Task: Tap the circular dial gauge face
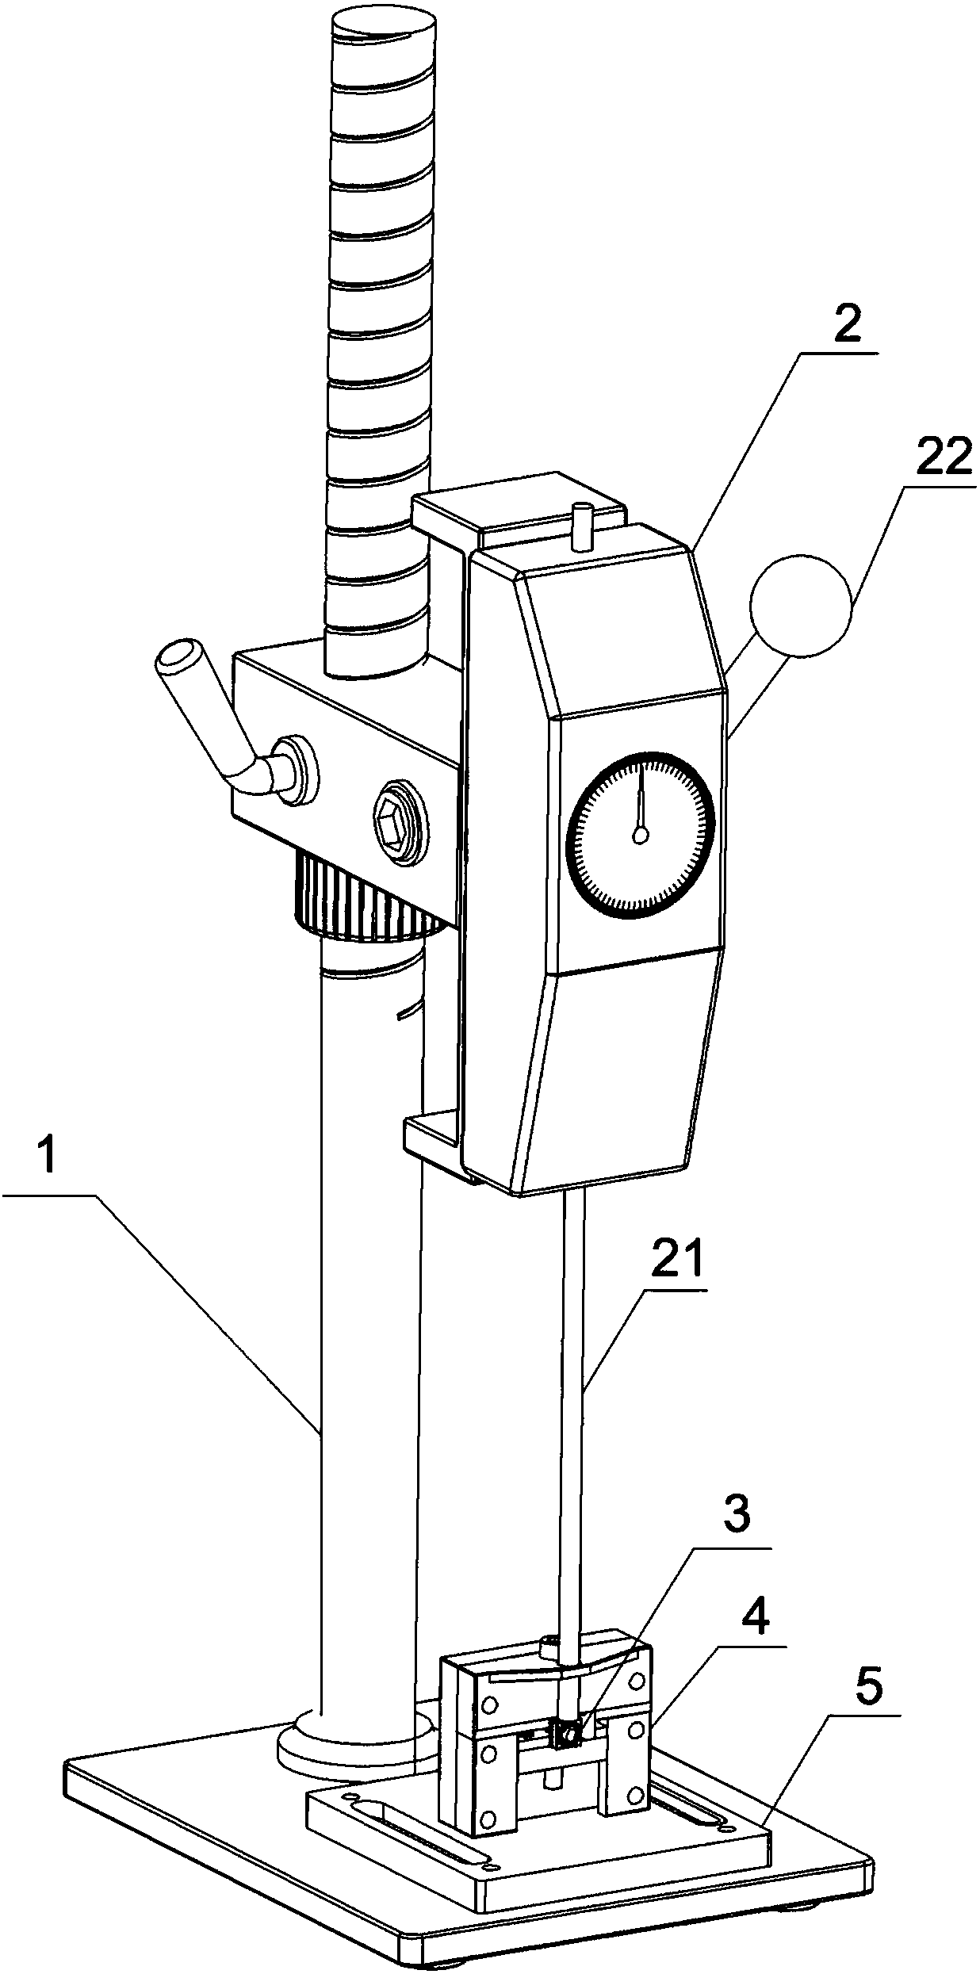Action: [x=641, y=833]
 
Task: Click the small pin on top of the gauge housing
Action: [x=583, y=524]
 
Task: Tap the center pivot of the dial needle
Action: [x=641, y=834]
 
